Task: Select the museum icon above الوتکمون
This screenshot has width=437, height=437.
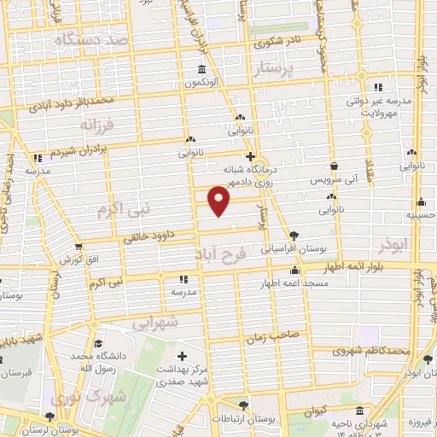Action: coord(201,69)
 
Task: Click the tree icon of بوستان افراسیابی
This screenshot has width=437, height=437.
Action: coord(294,235)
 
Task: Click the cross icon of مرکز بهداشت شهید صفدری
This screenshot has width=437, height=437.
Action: coord(181,355)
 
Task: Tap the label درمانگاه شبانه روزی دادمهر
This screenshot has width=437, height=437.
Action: coord(251,175)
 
